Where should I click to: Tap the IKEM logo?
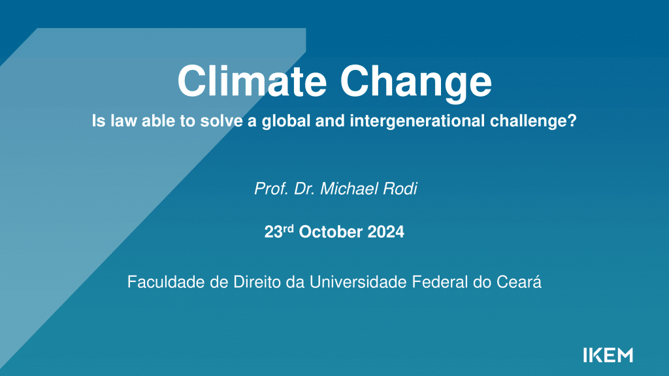[608, 355]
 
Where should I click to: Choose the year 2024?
[385, 232]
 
